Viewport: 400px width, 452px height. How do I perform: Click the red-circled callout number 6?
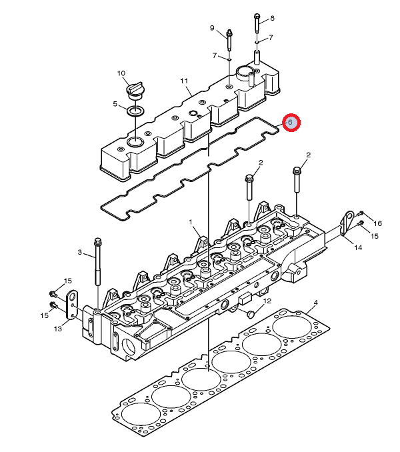290,122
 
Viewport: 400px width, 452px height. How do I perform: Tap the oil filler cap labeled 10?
135,91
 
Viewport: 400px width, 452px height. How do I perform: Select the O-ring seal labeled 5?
135,111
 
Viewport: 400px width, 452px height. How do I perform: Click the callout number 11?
184,81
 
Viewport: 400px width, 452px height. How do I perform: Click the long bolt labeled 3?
98,261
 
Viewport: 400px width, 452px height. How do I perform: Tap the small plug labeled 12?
250,313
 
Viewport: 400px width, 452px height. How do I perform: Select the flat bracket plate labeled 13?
72,305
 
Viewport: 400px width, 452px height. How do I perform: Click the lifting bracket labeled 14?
347,223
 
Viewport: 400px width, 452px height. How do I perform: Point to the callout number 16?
377,223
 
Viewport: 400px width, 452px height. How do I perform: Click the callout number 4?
316,303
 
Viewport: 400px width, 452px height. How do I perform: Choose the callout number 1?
191,222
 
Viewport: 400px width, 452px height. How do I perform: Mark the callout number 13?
57,329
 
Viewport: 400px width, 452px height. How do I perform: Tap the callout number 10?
121,73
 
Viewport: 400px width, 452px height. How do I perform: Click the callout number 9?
212,28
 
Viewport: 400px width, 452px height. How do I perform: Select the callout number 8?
272,19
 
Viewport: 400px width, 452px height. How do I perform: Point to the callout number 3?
80,253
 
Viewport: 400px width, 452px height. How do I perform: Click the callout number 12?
267,301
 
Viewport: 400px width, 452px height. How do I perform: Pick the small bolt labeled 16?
361,213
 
